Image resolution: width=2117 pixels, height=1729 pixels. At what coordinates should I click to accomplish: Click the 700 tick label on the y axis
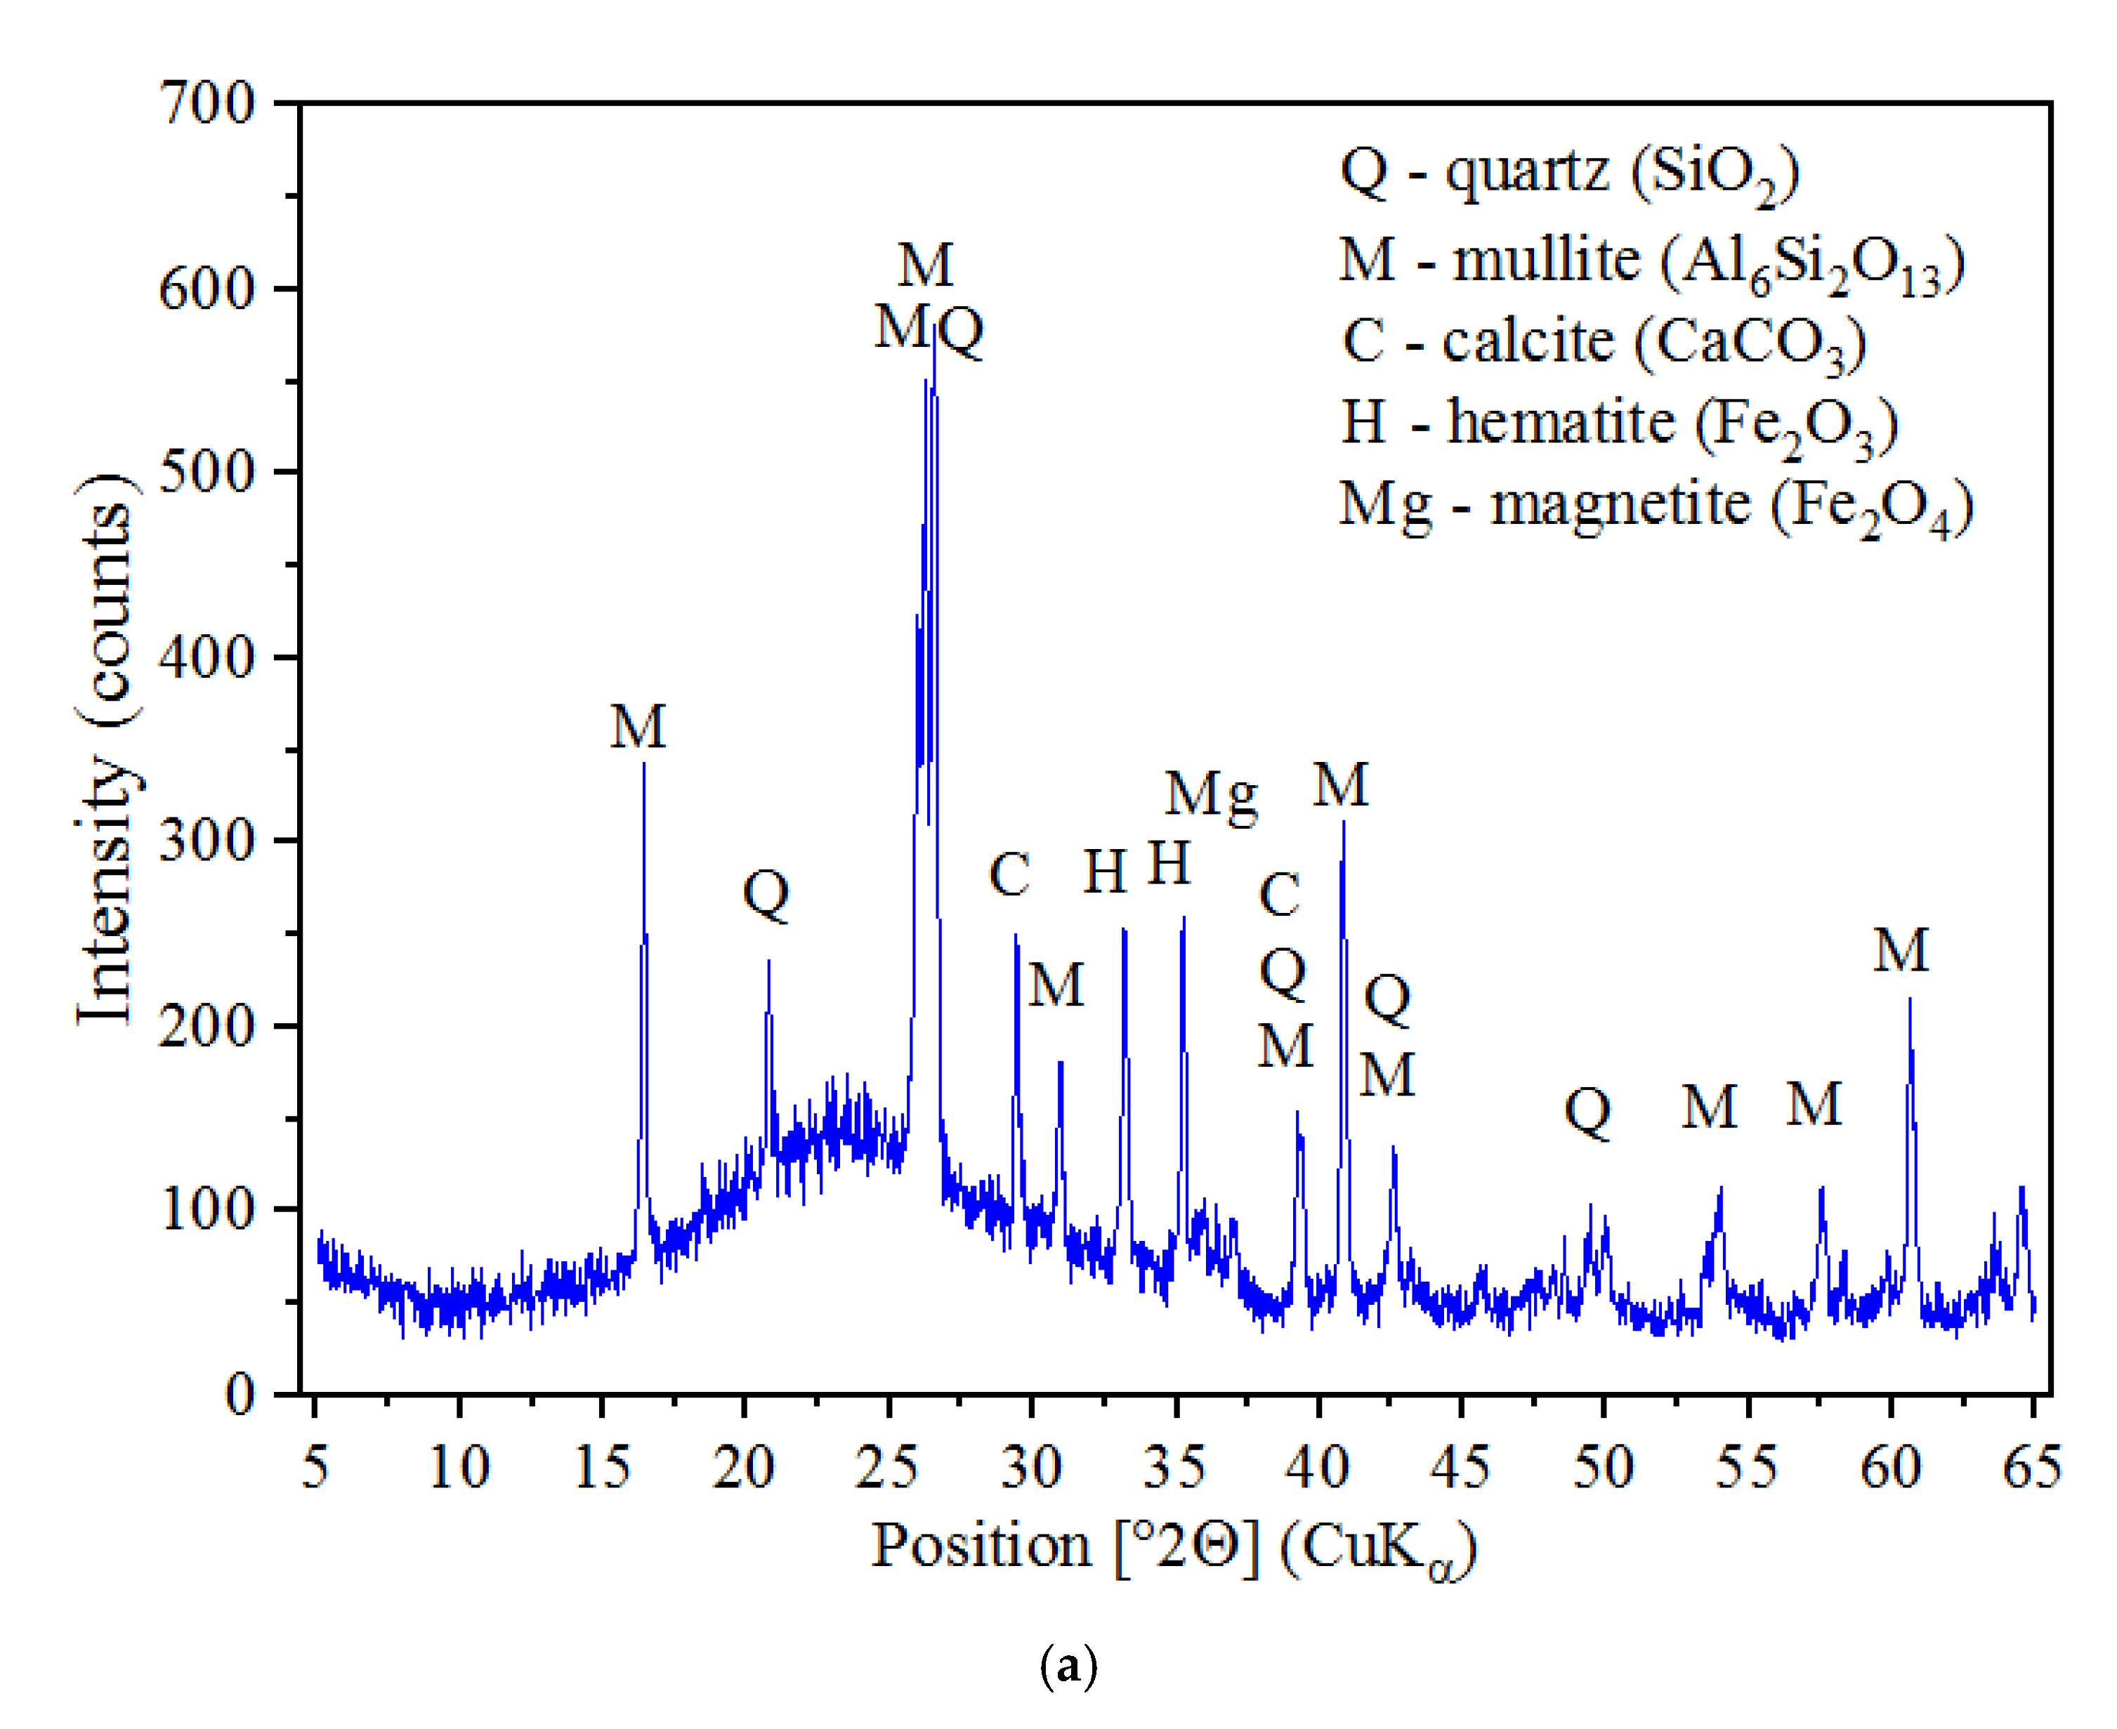(207, 103)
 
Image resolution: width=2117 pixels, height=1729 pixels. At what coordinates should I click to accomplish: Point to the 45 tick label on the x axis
(1460, 1467)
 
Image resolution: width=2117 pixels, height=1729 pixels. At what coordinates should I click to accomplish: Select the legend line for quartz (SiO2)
(1570, 172)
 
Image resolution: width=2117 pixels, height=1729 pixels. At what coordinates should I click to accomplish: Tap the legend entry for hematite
(1620, 423)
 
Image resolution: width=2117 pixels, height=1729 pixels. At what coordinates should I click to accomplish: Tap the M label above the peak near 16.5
(638, 727)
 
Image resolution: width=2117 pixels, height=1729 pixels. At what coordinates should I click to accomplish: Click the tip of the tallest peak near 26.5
(933, 329)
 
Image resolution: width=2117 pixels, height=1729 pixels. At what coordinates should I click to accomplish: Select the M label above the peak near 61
(1901, 951)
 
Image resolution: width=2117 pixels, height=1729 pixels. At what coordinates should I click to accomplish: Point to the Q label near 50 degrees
(1588, 1112)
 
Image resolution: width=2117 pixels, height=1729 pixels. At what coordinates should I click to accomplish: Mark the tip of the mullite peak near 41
(1344, 822)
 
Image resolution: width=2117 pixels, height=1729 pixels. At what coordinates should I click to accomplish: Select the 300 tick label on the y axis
(207, 841)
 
